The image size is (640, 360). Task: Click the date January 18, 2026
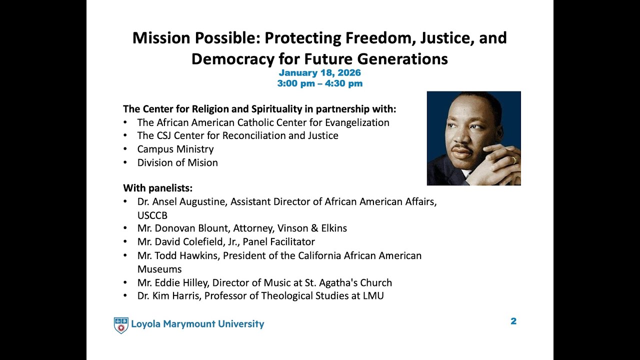click(319, 73)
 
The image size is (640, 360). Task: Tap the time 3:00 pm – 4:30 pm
click(319, 83)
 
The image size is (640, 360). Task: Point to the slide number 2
click(513, 321)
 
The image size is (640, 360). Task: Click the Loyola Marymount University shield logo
click(121, 325)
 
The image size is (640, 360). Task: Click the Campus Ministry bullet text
click(175, 149)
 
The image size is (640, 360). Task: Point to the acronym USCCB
click(152, 215)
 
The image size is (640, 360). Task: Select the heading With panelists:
click(158, 188)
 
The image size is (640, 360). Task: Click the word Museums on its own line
click(159, 269)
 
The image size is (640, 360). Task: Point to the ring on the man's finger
click(513, 160)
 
